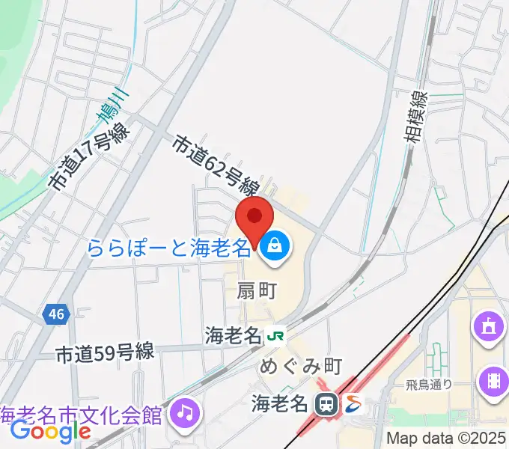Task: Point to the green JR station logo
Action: click(275, 337)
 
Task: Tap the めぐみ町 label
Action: click(300, 366)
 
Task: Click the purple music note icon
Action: click(184, 411)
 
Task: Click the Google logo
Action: click(50, 431)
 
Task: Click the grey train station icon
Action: click(326, 405)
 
